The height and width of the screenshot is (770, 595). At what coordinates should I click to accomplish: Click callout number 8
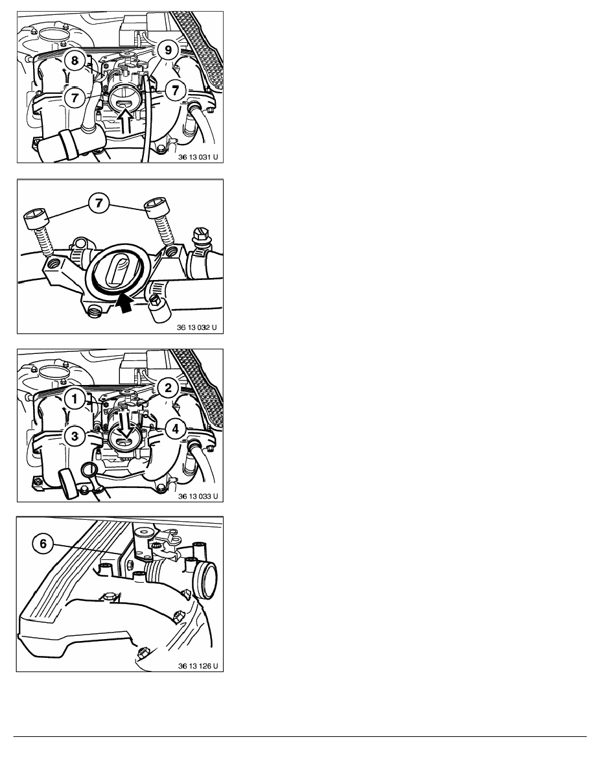coord(75,60)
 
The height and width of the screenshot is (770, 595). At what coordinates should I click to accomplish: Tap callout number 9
coord(168,50)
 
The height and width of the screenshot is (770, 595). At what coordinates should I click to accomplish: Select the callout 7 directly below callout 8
coord(75,98)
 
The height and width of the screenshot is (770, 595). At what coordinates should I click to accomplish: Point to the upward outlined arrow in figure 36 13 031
coord(126,122)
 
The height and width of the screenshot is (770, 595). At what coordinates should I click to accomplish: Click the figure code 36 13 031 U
coord(197,157)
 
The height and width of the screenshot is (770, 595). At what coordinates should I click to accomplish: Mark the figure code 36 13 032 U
coord(196,327)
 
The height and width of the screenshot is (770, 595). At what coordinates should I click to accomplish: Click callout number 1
coord(75,399)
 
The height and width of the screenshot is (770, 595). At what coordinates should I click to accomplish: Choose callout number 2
coord(168,388)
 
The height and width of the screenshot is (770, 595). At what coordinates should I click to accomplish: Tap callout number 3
coord(75,436)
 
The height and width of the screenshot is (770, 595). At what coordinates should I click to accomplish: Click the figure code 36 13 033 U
coord(197,496)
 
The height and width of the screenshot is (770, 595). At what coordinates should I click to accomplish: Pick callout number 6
coord(43,544)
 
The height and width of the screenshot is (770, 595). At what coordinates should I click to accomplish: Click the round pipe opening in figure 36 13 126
coord(206,581)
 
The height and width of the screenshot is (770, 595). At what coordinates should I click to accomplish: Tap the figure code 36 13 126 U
coord(197,666)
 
